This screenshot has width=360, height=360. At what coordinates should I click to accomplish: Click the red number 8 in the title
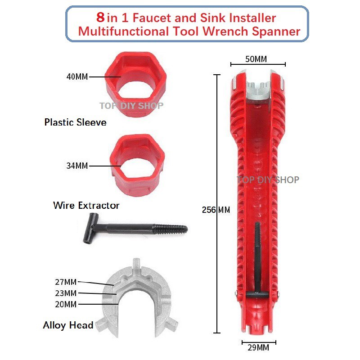coord(100,17)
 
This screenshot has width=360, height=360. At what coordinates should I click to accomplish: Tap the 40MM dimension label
coord(77,76)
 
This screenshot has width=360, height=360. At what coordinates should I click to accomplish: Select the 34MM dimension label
coord(77,166)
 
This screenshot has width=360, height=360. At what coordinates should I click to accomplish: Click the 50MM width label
coord(256,59)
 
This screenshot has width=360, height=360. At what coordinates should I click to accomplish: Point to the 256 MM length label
coord(216,210)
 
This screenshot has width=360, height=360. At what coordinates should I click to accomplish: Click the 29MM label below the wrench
coord(258,347)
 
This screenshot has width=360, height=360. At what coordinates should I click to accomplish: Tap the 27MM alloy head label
coord(66,282)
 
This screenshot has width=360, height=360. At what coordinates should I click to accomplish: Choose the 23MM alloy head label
coord(66,293)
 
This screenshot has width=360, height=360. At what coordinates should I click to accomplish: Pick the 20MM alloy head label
coord(66,305)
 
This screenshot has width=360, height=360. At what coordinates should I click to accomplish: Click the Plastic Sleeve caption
coord(75,122)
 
